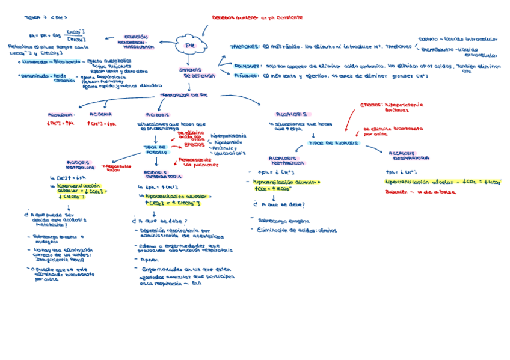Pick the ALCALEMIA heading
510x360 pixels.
point(61,114)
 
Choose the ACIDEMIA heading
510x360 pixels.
point(100,114)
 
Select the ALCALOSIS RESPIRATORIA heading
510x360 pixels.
point(410,156)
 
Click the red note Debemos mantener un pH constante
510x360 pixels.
point(257,19)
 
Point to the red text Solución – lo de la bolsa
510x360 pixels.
point(420,192)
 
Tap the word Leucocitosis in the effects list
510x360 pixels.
point(230,153)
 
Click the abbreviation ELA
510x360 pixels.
point(197,284)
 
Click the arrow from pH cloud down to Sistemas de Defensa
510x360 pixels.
point(189,60)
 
